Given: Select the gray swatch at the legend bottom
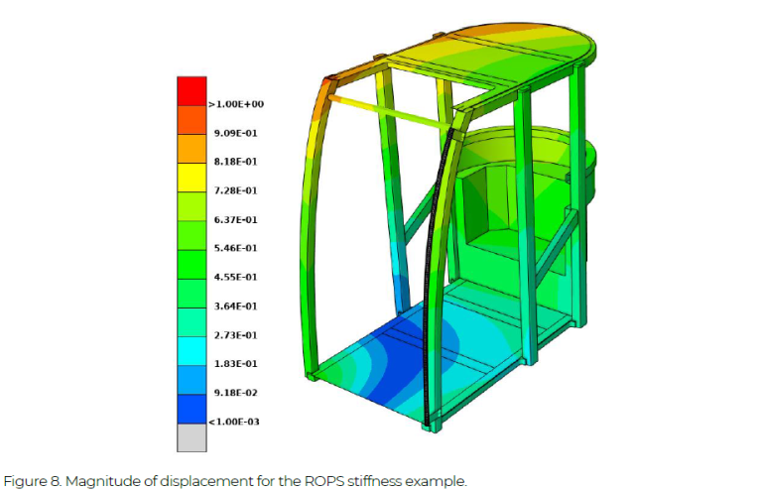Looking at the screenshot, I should (x=190, y=437).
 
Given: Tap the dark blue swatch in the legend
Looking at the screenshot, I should (x=190, y=409).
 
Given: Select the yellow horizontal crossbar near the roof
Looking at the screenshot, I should (x=392, y=112).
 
